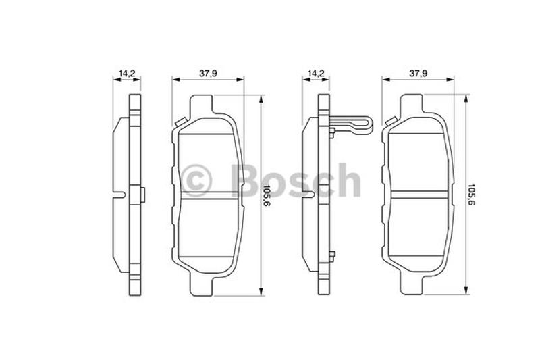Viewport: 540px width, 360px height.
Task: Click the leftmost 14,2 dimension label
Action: pyautogui.click(x=126, y=73)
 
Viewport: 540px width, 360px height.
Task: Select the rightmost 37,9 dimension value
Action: pyautogui.click(x=418, y=73)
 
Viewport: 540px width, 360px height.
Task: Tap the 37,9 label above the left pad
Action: pyautogui.click(x=209, y=73)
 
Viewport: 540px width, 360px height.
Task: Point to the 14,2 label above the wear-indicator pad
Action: pyautogui.click(x=316, y=73)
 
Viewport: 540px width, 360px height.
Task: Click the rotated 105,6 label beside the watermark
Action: pyautogui.click(x=265, y=196)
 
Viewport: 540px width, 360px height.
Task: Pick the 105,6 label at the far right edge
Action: pyautogui.click(x=471, y=196)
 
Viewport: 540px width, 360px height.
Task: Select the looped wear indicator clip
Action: pyautogui.click(x=351, y=125)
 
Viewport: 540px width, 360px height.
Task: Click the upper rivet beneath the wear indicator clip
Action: pyautogui.click(x=331, y=132)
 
